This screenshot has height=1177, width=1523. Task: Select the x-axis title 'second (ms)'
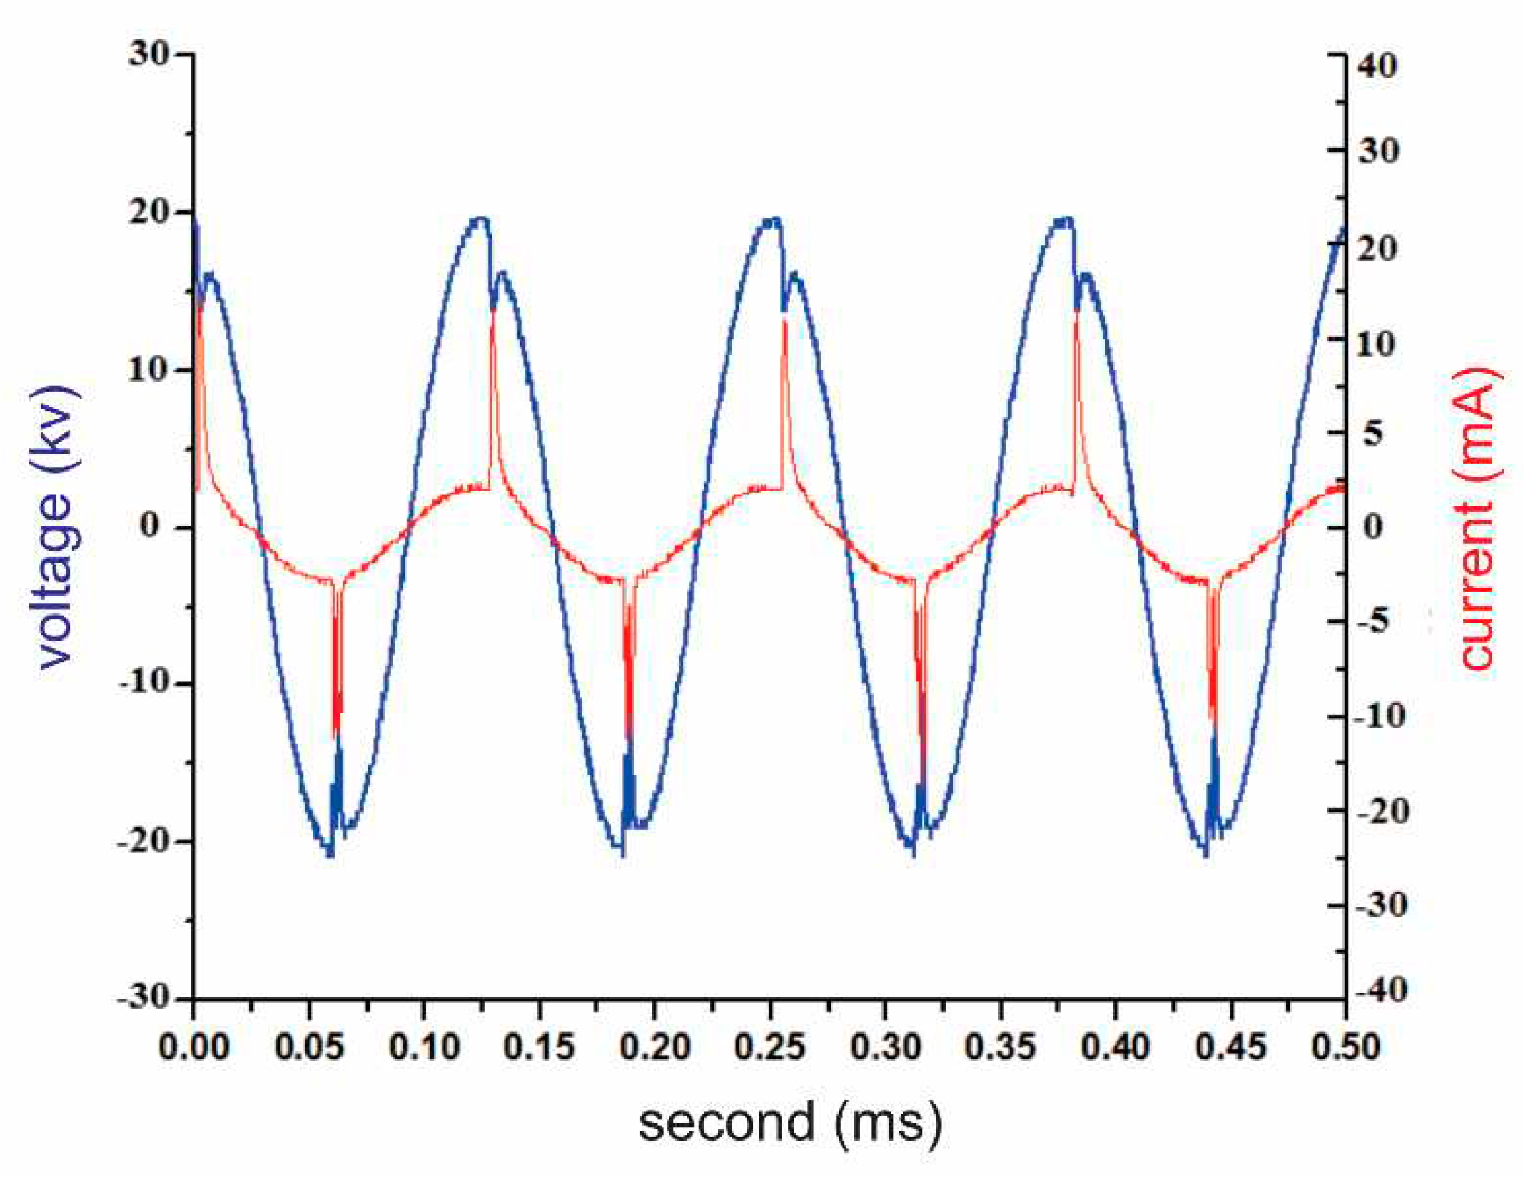click(x=790, y=1121)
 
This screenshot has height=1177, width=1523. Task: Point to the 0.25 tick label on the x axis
click(x=769, y=1047)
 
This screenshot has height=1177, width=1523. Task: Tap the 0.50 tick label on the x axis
click(x=1345, y=1047)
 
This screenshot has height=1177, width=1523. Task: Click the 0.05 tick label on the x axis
click(x=309, y=1047)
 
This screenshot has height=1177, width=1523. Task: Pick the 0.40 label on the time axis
click(x=1115, y=1047)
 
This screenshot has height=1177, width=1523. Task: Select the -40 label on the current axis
click(x=1382, y=990)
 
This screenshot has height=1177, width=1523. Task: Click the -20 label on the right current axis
click(x=1382, y=811)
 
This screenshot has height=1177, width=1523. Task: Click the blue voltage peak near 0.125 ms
click(x=482, y=220)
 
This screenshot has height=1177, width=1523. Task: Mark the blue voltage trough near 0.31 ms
click(x=912, y=850)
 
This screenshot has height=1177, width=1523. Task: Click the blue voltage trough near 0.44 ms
click(x=1205, y=852)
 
